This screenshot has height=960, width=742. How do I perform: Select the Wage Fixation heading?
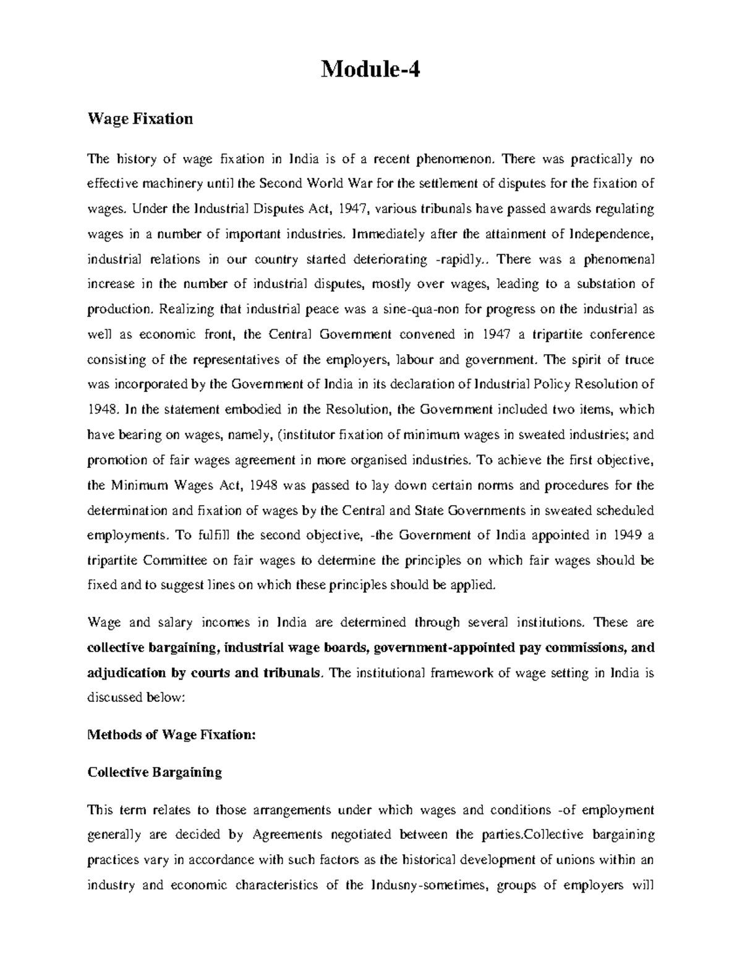[140, 119]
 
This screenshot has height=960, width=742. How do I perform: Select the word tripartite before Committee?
[113, 561]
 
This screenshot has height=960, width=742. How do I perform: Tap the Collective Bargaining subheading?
[155, 773]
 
